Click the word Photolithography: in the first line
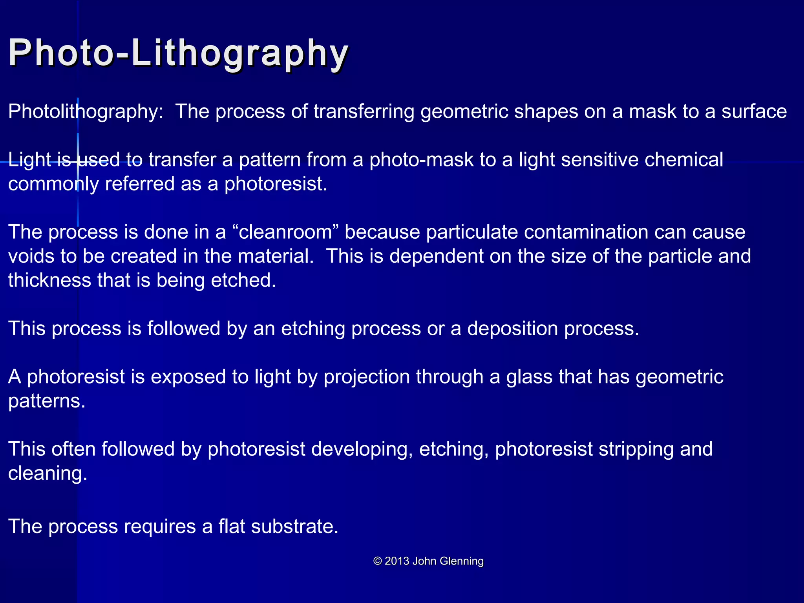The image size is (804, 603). [86, 112]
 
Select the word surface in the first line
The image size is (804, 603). [754, 112]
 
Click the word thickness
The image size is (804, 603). [49, 281]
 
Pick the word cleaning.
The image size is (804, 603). [47, 474]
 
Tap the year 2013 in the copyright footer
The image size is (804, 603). [397, 561]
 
